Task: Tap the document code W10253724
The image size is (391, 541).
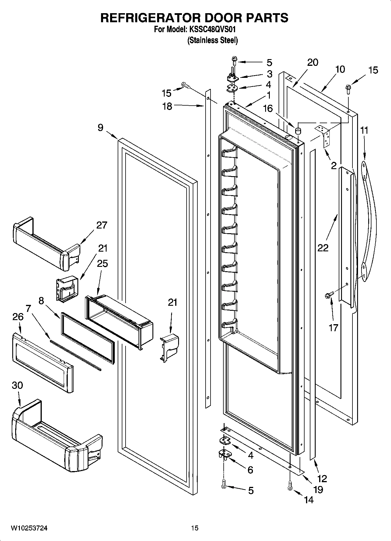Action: [29, 528]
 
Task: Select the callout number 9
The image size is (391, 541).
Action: [100, 128]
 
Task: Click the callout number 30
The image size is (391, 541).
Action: [17, 385]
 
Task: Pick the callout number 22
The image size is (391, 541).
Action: [323, 248]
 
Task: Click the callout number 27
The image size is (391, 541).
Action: [102, 225]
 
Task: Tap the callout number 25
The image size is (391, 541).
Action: [102, 263]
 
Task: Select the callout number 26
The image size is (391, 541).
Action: [18, 317]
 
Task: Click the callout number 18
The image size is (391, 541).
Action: [167, 106]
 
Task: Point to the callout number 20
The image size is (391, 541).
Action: [312, 62]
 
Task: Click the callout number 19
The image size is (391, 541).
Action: [318, 489]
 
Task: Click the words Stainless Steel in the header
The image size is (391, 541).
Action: [212, 40]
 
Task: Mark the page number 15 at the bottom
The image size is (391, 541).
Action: [195, 528]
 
